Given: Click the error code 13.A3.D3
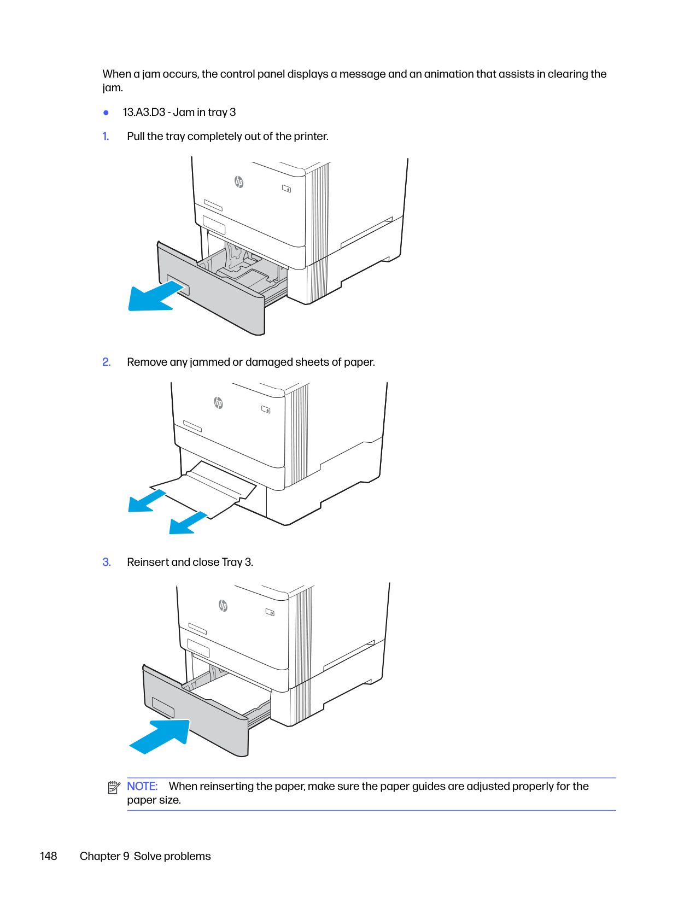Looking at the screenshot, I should [144, 112].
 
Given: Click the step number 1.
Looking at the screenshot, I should [106, 136].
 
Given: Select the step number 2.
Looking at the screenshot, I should [107, 362].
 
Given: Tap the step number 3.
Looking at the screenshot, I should [107, 562].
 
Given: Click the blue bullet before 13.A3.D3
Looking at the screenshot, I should [106, 113].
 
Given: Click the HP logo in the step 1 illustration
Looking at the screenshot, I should [239, 182].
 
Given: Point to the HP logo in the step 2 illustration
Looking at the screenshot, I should [218, 403].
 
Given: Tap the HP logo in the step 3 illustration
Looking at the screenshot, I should [223, 605].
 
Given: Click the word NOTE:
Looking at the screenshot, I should [142, 786].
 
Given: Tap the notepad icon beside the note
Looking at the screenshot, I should [114, 788].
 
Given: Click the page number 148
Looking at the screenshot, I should [49, 856].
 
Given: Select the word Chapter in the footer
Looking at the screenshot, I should [100, 856].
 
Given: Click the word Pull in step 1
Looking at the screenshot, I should [136, 136].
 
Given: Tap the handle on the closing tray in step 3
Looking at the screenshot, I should [162, 707].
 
